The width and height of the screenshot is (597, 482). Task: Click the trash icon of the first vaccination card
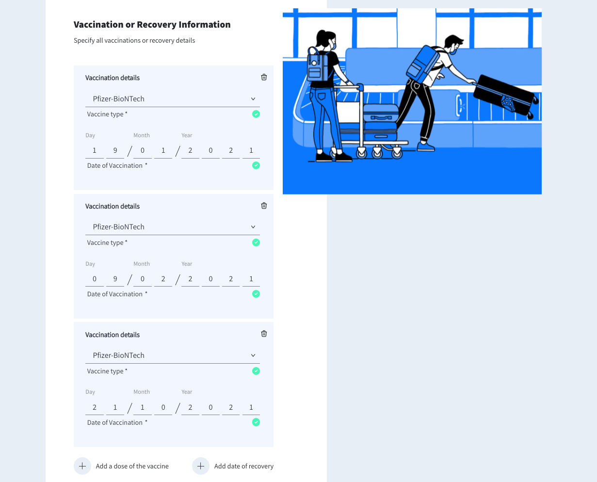coord(264,77)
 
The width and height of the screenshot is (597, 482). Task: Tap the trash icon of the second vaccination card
coord(264,206)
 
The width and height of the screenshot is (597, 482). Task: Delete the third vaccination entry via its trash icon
coord(264,334)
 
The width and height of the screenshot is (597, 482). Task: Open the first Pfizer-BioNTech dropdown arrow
coord(253,99)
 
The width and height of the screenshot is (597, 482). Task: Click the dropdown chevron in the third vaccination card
coord(253,355)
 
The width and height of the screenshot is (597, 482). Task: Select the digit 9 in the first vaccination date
coord(115,150)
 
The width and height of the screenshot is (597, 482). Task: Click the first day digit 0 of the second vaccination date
coord(95,279)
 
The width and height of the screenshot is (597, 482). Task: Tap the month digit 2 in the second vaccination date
coord(163,279)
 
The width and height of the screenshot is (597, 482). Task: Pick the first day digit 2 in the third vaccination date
coord(95,407)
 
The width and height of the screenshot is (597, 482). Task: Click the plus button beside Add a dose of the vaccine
coord(82,466)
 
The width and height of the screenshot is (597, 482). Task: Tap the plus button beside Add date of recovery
coord(201,466)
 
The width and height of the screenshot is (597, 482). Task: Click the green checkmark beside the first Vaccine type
coord(256,114)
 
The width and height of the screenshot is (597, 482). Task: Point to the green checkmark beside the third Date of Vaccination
coord(256,422)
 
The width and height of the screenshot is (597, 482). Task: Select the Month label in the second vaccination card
coord(142,264)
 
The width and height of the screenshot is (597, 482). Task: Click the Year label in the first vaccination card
coord(187,135)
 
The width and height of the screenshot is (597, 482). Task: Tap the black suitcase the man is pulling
coord(504,95)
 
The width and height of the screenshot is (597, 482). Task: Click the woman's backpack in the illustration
coord(318,65)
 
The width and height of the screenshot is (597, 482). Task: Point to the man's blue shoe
coord(425,146)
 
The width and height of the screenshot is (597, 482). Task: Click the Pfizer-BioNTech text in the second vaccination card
coord(118,227)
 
